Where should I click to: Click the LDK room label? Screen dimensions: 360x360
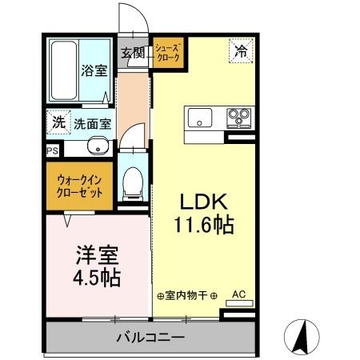tap(203, 202)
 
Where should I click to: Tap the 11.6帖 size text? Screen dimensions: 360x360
tap(203, 226)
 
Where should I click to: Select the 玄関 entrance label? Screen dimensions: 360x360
tap(133, 54)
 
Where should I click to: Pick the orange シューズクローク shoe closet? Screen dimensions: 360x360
tap(169, 54)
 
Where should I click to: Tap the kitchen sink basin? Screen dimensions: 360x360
tap(200, 119)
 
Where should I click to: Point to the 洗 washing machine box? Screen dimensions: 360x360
tap(58, 123)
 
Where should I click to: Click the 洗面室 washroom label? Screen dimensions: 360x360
tap(93, 125)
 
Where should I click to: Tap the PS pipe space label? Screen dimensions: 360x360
tap(53, 150)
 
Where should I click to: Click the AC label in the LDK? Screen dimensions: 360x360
tap(238, 294)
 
